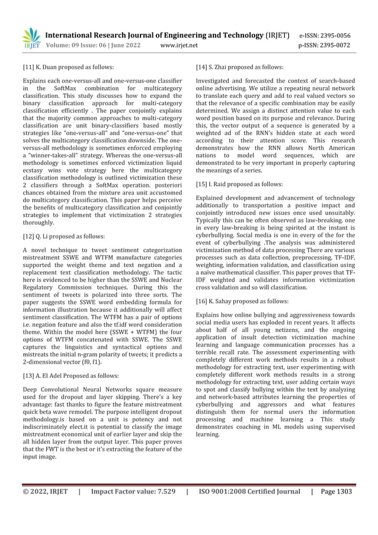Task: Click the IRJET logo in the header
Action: [x=32, y=38]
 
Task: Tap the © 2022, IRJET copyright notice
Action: [x=45, y=492]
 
